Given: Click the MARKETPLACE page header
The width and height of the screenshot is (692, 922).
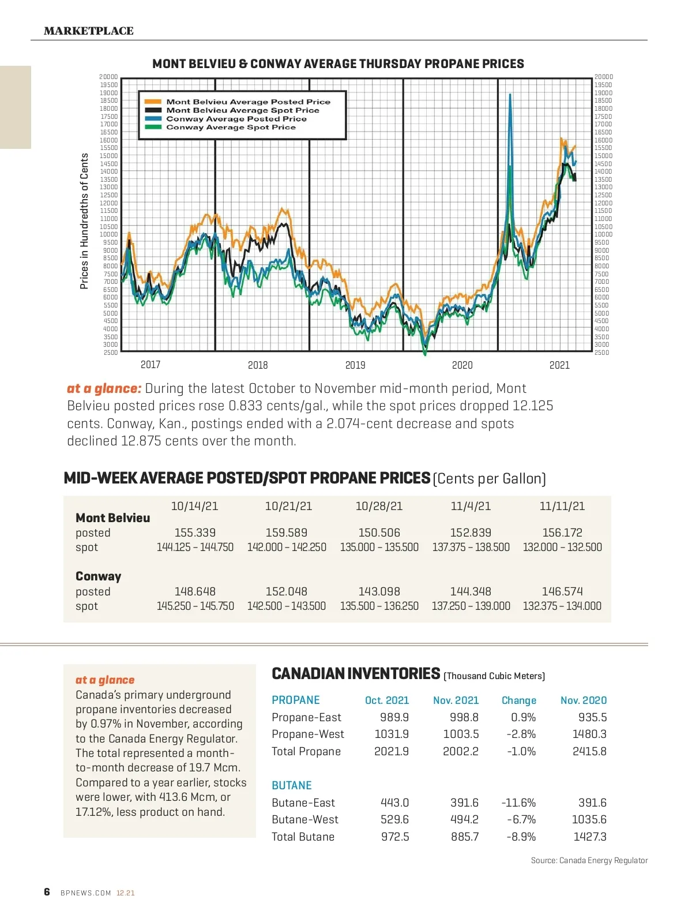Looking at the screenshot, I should coord(89,31).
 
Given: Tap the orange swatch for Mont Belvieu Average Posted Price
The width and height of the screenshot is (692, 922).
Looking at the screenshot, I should coord(153,102).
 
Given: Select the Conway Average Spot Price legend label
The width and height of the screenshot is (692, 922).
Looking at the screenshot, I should coord(231,128).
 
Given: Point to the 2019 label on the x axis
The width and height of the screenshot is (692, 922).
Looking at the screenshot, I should coord(355,365).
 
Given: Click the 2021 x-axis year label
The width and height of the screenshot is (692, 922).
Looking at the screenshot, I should coord(559,365).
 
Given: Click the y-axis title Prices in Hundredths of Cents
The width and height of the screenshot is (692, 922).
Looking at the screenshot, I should coord(84,221).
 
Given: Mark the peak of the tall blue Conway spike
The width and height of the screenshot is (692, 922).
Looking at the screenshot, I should coord(510,95).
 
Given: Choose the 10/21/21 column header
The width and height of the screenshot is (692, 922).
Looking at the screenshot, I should coord(288,506).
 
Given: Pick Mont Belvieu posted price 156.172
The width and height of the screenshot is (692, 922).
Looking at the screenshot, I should coord(562,533).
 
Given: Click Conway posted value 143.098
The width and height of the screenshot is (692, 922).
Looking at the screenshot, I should coord(379,591).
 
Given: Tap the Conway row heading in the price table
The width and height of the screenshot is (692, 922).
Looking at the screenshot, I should coord(99,576).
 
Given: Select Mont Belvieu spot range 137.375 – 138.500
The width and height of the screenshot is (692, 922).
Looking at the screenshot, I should coord(471,547).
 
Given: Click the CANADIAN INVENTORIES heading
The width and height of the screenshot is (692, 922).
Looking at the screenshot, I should coord(356,674).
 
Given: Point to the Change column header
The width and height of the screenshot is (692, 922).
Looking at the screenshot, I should coord(519,700).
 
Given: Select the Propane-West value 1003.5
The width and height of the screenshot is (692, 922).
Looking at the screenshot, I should coord(461,734).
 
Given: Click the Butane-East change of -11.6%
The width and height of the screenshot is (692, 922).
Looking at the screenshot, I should coord(518,803).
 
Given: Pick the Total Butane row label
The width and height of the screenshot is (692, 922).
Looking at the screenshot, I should coord(303,837).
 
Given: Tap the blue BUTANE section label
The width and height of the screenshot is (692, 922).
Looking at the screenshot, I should coord(292,785).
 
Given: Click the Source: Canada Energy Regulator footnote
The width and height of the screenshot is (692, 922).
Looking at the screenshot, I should coord(589,860).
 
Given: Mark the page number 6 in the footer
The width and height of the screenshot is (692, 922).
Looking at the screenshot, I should coord(47,892).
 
